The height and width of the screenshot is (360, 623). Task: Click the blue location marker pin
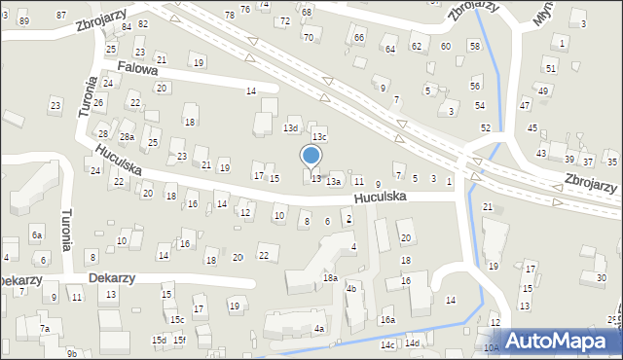point(311,156)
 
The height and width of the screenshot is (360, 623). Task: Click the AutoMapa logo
point(560,341)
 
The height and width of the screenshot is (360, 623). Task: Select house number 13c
point(319,137)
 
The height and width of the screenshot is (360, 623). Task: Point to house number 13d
point(290,128)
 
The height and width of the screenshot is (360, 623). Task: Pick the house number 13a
point(333,182)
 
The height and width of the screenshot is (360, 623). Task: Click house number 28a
point(127,137)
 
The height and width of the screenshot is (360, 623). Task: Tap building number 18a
point(330,278)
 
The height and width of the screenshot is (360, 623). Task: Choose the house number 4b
point(351,289)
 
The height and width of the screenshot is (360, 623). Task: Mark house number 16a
point(387,320)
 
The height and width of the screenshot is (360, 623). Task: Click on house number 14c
point(387,344)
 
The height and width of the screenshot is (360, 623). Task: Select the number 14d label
point(413,343)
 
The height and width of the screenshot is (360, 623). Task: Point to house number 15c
point(177,319)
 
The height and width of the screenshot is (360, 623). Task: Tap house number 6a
point(37,235)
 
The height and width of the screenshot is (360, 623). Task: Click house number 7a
point(45,329)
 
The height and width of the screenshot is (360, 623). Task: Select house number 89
point(23,21)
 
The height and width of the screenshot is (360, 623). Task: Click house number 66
point(359,38)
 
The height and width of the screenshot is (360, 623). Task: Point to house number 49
point(543,90)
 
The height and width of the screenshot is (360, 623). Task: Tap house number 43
point(541,154)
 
